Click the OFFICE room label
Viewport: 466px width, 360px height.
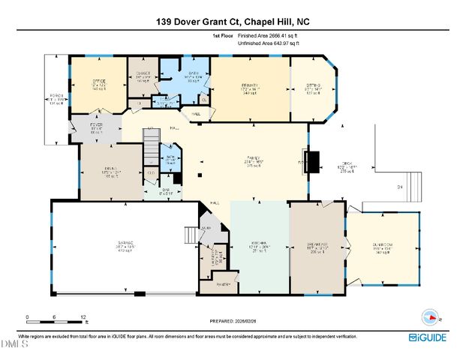99,81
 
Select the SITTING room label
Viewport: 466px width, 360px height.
312,86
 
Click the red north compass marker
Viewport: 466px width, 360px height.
430,316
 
